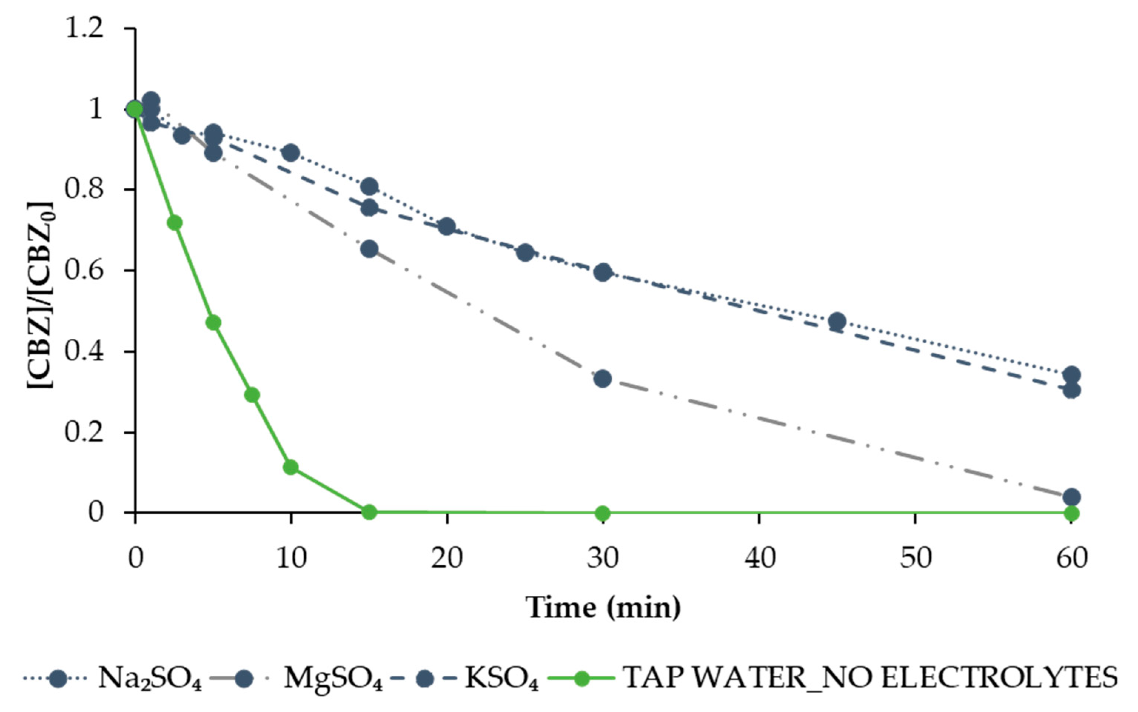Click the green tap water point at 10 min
point(291,467)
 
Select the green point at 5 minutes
point(213,322)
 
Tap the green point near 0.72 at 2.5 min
point(175,223)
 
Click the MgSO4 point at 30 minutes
point(603,379)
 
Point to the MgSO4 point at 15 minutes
point(369,249)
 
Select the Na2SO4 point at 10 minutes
point(291,153)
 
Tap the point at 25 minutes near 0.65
point(525,253)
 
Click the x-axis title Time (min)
point(603,608)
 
